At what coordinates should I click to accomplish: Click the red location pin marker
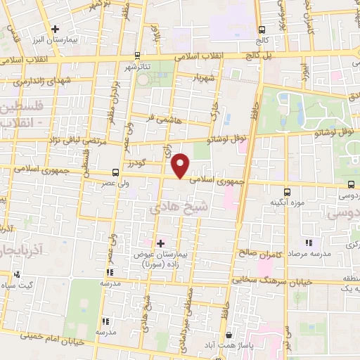point(181,166)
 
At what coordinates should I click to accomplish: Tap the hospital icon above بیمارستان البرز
point(55,28)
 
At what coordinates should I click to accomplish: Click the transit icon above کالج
point(262,30)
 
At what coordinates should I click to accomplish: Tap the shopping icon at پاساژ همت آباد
point(232,336)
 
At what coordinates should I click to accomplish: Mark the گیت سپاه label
point(35,284)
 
